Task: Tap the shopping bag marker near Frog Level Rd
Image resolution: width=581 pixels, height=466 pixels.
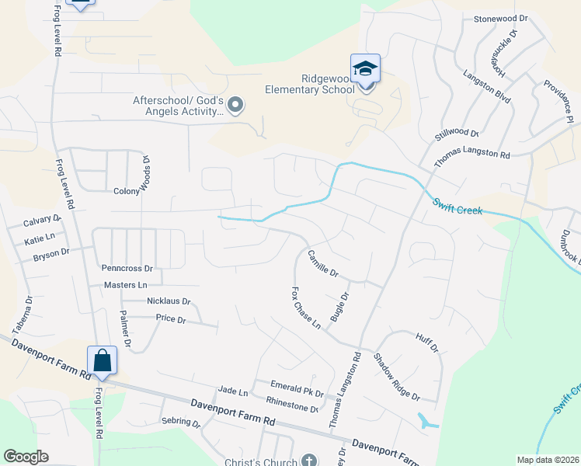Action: pyautogui.click(x=102, y=361)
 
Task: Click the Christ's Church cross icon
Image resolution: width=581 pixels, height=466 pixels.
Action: pyautogui.click(x=309, y=460)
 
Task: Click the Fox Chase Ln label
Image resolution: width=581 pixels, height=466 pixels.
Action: pyautogui.click(x=305, y=308)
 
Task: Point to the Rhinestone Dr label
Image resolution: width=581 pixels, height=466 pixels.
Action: pyautogui.click(x=292, y=403)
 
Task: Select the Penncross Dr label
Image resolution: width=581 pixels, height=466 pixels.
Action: pyautogui.click(x=127, y=268)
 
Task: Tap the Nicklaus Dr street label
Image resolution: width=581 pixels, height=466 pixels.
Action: pyautogui.click(x=168, y=301)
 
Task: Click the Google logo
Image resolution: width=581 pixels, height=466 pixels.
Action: pyautogui.click(x=26, y=457)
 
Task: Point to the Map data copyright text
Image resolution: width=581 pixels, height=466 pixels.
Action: pyautogui.click(x=548, y=460)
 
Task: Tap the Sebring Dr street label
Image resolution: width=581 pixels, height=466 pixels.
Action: pyautogui.click(x=181, y=423)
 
